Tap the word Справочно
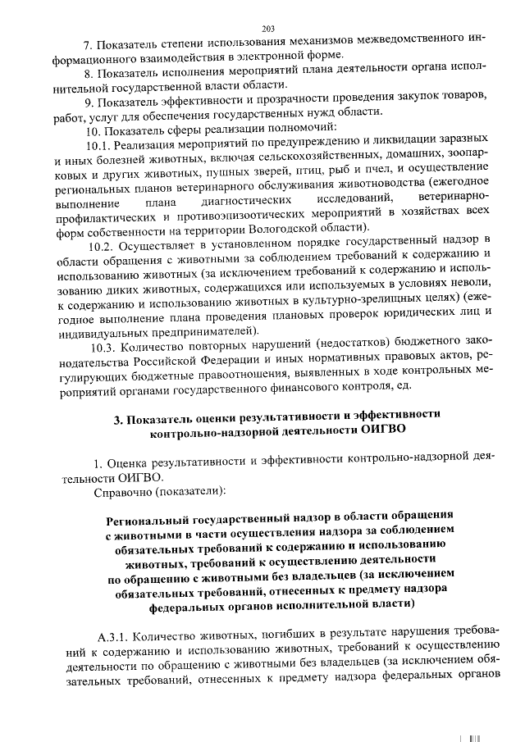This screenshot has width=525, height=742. tap(121, 492)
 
